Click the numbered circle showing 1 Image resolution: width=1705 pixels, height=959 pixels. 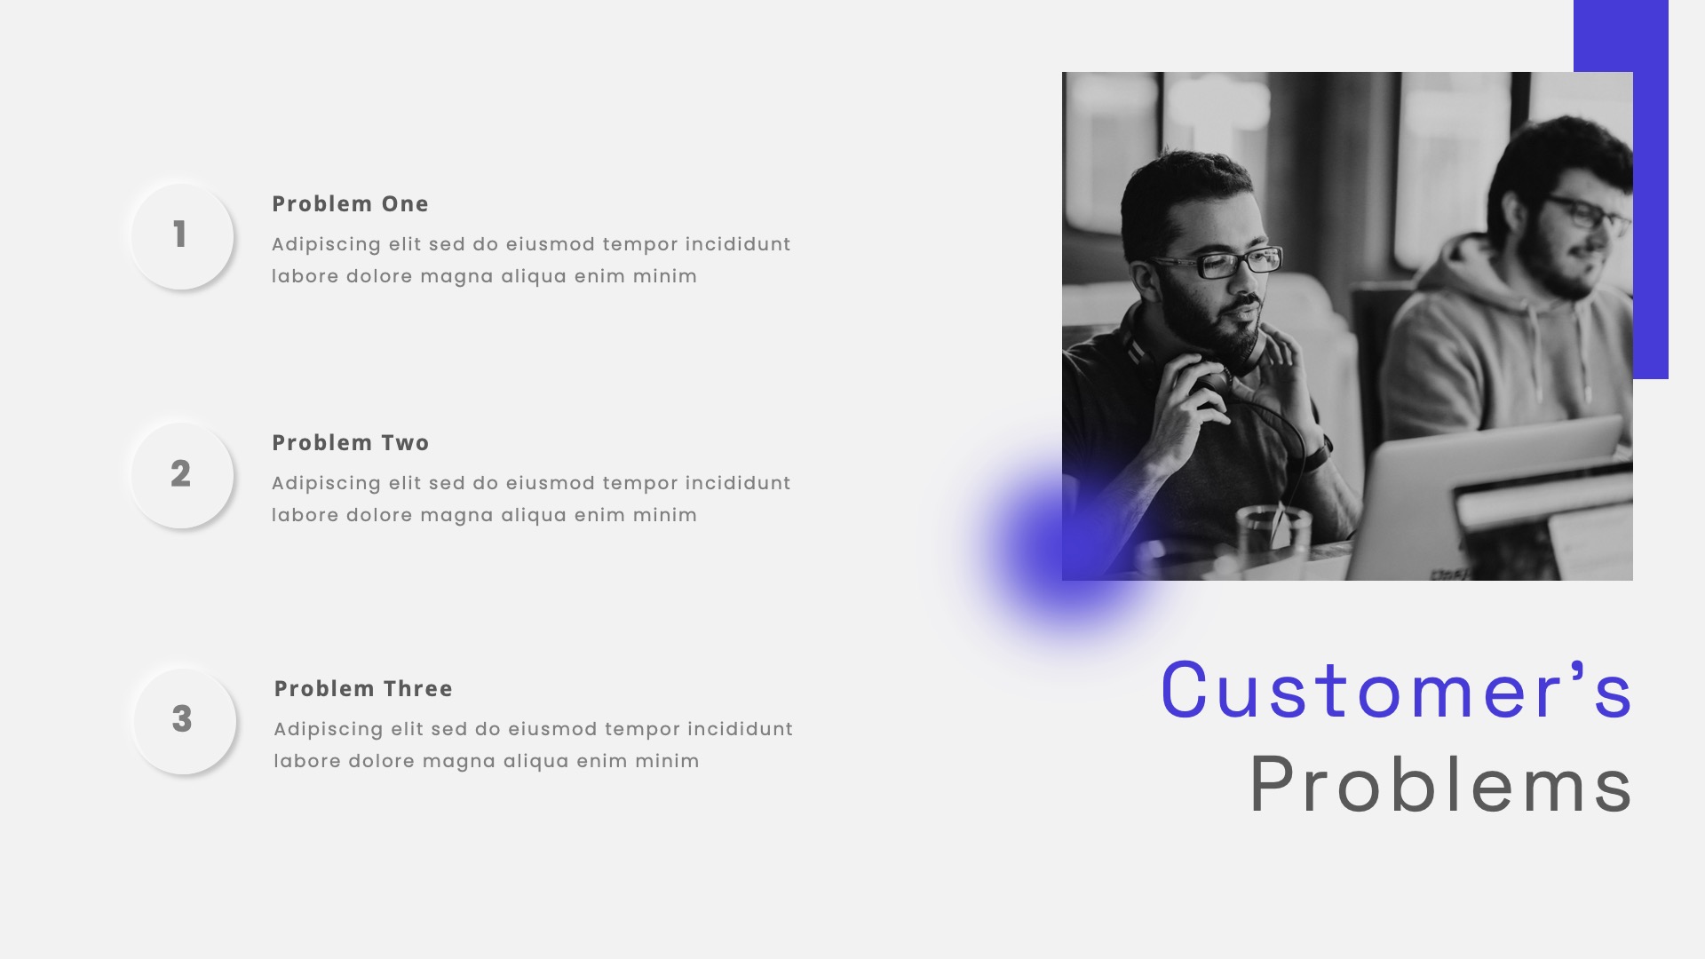[x=181, y=235]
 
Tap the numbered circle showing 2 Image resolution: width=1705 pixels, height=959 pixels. [x=181, y=474]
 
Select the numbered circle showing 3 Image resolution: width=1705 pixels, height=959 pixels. [x=183, y=720]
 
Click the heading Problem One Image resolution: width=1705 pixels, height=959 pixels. [x=350, y=204]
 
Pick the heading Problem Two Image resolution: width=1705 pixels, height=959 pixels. [x=350, y=443]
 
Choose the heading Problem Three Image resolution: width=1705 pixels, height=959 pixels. [x=363, y=689]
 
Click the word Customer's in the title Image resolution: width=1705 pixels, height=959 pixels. [x=1396, y=691]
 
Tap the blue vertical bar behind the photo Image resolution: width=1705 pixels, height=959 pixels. [x=1650, y=222]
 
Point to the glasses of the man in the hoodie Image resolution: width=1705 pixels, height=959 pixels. [x=1590, y=213]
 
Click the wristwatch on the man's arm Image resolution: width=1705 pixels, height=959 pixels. [x=1320, y=453]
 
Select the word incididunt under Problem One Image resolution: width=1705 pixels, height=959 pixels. [x=738, y=244]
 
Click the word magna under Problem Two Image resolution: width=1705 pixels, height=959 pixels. [x=456, y=516]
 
